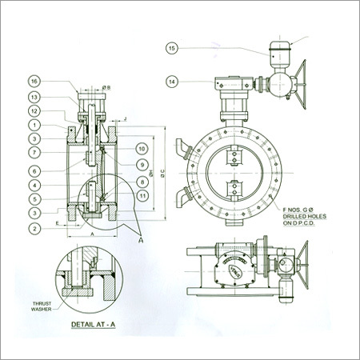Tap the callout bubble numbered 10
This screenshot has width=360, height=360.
[x=141, y=150]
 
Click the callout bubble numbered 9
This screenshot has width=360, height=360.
[x=141, y=166]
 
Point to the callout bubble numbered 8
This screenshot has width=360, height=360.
[x=141, y=181]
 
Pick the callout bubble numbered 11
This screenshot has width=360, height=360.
[x=141, y=195]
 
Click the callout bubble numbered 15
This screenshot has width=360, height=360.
[x=171, y=49]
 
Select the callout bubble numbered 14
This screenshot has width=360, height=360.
[x=171, y=81]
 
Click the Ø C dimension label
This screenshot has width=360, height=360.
[x=163, y=171]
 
